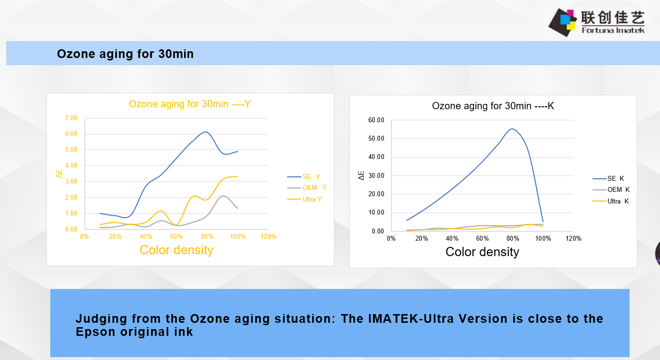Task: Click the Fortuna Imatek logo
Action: [x=597, y=22]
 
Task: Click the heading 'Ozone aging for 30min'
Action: [x=125, y=54]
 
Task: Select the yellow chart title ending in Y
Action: [x=190, y=104]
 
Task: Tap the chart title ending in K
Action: [x=493, y=106]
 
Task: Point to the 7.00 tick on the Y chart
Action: [x=71, y=118]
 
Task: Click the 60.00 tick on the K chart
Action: [x=376, y=120]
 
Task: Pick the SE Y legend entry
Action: [x=304, y=176]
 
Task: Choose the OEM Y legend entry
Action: [x=307, y=187]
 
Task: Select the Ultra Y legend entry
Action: [x=304, y=199]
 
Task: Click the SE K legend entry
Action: [x=608, y=178]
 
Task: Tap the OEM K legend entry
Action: [x=611, y=190]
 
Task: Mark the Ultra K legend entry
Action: [x=611, y=201]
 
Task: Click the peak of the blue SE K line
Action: [x=512, y=129]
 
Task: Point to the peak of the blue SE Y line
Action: [x=205, y=132]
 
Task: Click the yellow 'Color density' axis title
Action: [x=176, y=250]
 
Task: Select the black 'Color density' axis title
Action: [x=482, y=252]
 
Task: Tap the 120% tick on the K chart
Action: [x=574, y=238]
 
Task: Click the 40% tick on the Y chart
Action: [x=146, y=237]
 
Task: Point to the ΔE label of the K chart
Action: [x=361, y=175]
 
